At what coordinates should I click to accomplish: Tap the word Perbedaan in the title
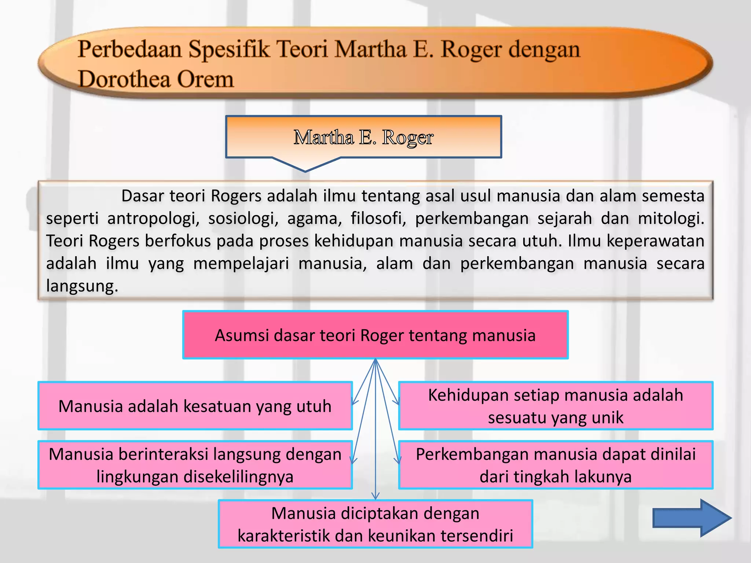[130, 49]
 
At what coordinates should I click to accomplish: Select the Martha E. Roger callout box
[363, 137]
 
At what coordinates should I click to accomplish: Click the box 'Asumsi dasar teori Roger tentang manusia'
[375, 335]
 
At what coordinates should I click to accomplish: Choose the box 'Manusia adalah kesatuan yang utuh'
[195, 406]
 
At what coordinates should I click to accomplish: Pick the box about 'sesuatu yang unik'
[556, 406]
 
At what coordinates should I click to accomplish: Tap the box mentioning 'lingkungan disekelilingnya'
[195, 465]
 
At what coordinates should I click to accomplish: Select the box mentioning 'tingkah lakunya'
[556, 465]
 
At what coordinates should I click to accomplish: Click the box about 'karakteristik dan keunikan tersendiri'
[375, 524]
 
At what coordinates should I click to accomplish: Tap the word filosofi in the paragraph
[378, 219]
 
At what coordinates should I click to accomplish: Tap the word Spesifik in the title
[229, 49]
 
